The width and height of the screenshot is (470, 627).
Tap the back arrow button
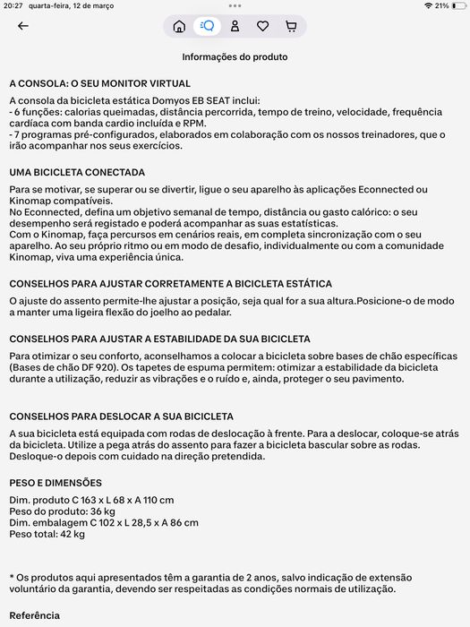tap(23, 26)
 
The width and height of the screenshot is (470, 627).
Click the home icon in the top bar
tap(179, 26)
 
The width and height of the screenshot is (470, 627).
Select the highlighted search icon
tap(207, 26)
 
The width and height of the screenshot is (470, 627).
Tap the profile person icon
tap(235, 26)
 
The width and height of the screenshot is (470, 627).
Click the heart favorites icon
tap(262, 26)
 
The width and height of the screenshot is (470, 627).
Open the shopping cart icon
tap(291, 26)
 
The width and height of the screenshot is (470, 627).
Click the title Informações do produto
tap(235, 57)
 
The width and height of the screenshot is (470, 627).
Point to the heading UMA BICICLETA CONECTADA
tap(77, 172)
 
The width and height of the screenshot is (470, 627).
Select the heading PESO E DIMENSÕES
tap(56, 483)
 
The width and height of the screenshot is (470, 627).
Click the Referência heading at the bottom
tap(34, 616)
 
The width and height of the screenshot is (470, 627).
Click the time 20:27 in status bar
tap(13, 5)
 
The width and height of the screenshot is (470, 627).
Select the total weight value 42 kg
tap(73, 535)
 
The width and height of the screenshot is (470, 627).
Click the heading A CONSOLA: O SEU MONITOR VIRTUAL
tap(99, 82)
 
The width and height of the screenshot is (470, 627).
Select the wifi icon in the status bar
tap(417, 5)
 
